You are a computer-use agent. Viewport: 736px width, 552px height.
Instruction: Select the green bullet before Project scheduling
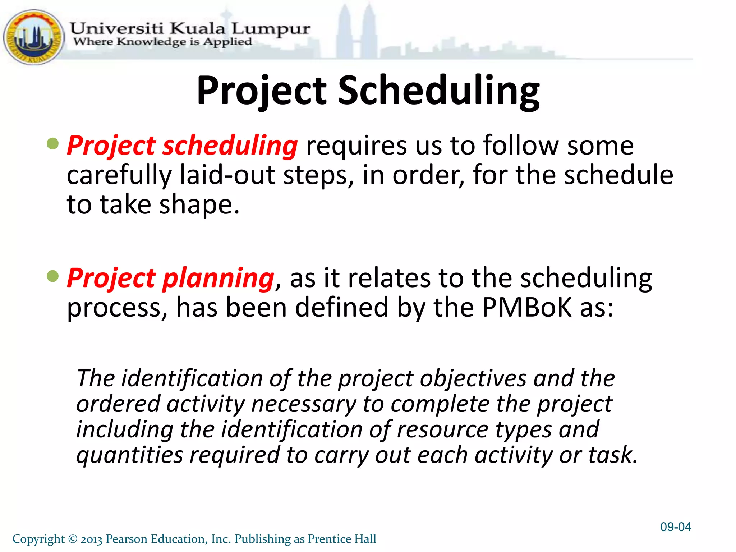(53, 144)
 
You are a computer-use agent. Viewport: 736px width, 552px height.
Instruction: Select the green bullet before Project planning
(53, 276)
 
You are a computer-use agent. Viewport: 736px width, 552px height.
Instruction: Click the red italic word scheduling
(230, 146)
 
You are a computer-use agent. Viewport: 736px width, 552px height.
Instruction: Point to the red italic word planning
(218, 279)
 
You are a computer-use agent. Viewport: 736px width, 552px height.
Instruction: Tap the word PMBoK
(526, 308)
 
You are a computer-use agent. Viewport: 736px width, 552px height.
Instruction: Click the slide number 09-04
(676, 527)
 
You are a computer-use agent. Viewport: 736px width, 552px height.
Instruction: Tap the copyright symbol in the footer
(73, 539)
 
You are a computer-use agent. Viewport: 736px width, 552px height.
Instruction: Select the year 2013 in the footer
(92, 539)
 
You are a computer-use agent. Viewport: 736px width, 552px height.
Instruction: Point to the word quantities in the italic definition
(130, 455)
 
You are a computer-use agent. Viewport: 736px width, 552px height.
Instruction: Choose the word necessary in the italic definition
(304, 404)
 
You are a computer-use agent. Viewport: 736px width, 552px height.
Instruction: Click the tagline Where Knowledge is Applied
(162, 42)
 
